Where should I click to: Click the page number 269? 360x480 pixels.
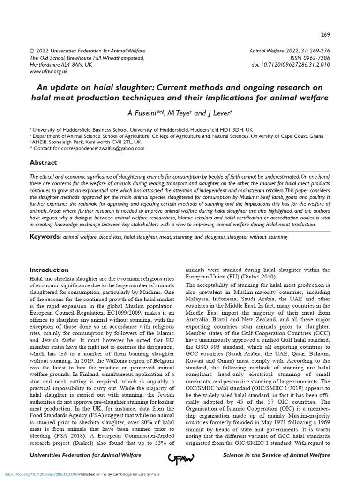point(325,35)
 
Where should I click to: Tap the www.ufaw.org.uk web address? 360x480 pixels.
point(49,71)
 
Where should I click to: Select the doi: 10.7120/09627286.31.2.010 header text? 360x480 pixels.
point(291,65)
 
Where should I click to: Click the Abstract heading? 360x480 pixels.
point(43,163)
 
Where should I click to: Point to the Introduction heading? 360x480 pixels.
point(49,270)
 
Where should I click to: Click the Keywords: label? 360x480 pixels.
point(45,237)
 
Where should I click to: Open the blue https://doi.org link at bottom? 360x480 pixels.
point(42,474)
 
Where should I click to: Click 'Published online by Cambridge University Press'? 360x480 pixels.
point(119,474)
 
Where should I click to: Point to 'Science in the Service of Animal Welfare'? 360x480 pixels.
point(276,455)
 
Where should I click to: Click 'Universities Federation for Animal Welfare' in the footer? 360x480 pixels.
point(85,455)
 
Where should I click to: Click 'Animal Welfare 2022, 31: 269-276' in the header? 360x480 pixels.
point(290,51)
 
